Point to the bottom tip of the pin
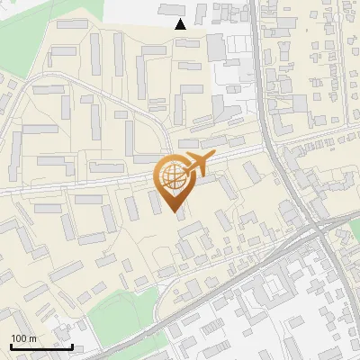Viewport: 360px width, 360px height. [x=175, y=213]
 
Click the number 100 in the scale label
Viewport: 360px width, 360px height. [x=18, y=338]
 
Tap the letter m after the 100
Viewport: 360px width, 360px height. [x=32, y=338]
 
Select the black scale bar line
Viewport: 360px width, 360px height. [x=41, y=346]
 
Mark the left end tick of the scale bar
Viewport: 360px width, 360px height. [x=11, y=346]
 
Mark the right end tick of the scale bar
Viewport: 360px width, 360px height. [x=72, y=346]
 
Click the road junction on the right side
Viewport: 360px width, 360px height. [x=317, y=229]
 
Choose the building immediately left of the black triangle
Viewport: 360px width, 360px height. [x=168, y=9]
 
